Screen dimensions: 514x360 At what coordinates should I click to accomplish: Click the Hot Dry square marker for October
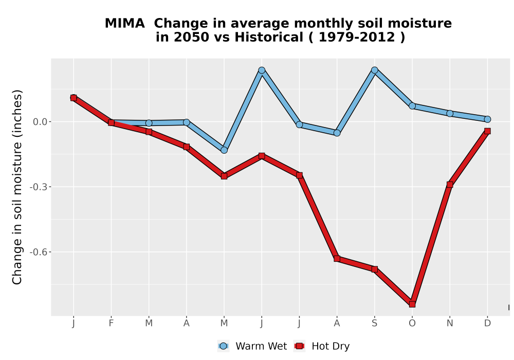[412, 304]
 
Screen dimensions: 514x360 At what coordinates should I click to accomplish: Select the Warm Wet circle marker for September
[374, 70]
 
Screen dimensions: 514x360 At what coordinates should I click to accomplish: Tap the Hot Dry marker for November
[450, 185]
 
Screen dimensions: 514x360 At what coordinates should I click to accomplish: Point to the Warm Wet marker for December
[487, 119]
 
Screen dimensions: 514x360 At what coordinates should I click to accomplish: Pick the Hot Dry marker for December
[487, 131]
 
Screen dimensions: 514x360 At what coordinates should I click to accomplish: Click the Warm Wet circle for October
[412, 106]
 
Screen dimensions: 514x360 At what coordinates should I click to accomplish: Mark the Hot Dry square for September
[374, 269]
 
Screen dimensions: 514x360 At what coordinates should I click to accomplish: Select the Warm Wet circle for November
[450, 114]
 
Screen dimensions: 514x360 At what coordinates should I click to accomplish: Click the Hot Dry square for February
[111, 122]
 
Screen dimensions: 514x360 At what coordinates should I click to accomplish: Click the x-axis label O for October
[412, 323]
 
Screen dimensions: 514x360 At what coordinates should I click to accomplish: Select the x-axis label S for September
[374, 323]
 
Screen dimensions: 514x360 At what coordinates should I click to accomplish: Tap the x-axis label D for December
[487, 323]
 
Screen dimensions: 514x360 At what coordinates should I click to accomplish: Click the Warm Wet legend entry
[252, 346]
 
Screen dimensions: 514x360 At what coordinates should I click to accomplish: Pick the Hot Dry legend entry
[322, 346]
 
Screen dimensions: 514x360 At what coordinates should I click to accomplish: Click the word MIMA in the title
[124, 24]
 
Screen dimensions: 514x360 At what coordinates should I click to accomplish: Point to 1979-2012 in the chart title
[357, 37]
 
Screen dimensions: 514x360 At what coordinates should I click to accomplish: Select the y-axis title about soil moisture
[17, 187]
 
